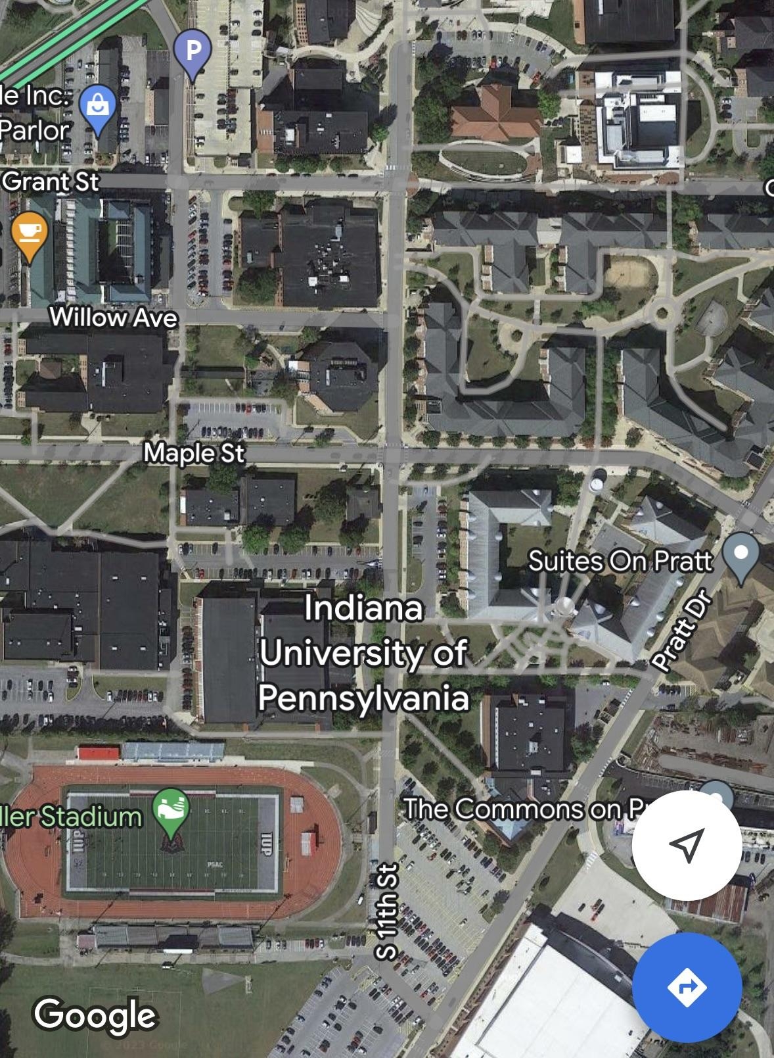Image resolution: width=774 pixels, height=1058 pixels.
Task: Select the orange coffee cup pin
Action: coord(30,231)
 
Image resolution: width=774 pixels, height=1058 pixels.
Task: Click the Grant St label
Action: coord(51,181)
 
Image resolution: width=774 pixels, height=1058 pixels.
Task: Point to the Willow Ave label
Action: coord(114,318)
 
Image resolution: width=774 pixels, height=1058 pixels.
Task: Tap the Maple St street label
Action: coord(194,453)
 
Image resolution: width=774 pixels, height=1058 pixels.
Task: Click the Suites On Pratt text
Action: coord(620,561)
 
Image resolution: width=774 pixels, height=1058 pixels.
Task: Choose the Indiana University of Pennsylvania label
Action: coord(363,653)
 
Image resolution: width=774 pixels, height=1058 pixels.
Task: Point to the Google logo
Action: coord(95,1014)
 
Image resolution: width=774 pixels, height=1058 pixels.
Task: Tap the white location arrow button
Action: coord(687,845)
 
